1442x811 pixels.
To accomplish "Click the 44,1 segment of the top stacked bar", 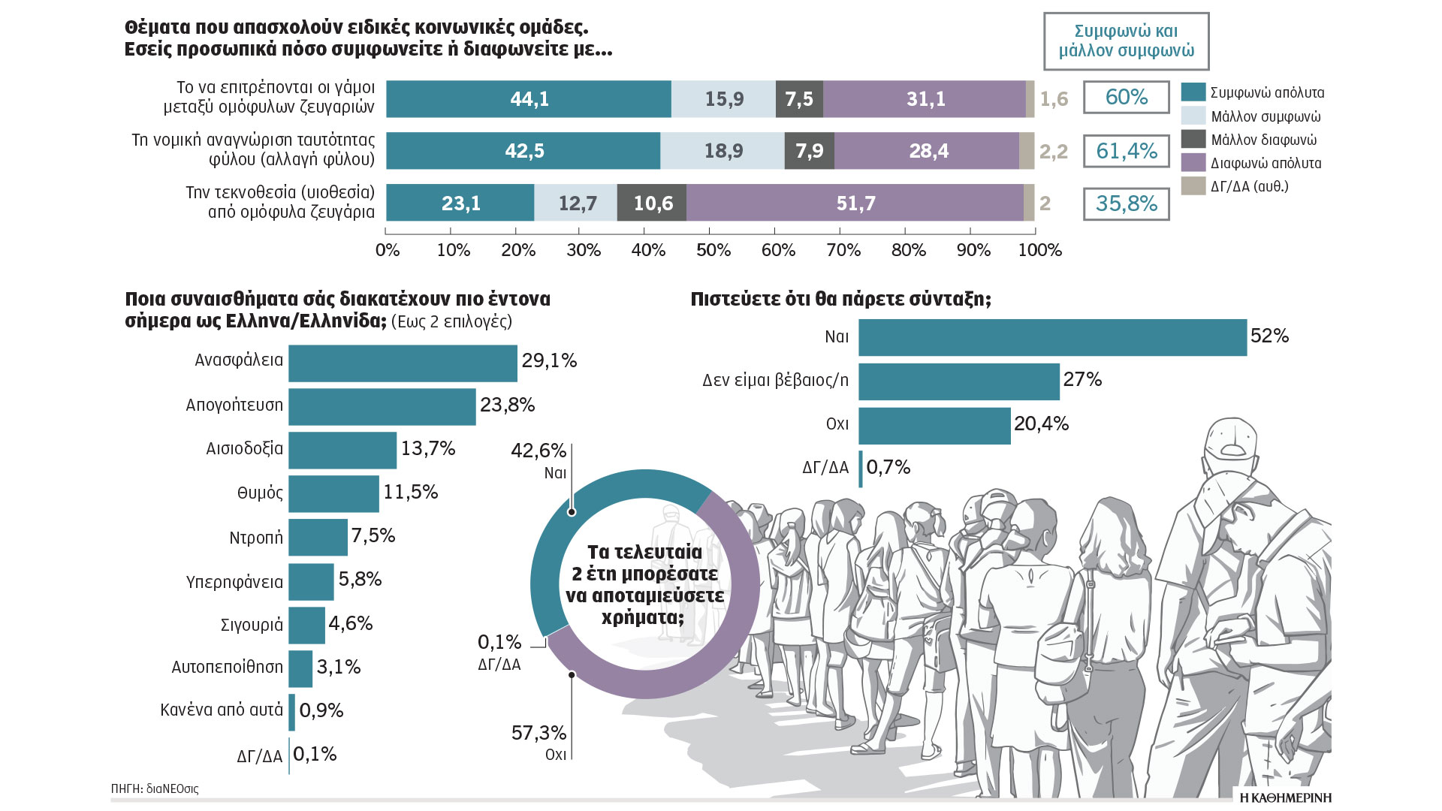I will click(x=529, y=99).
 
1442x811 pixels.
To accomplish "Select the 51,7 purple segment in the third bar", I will click(x=855, y=203).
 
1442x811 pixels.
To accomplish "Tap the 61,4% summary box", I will click(x=1126, y=151).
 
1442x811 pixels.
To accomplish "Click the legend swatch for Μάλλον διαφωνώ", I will click(x=1193, y=139).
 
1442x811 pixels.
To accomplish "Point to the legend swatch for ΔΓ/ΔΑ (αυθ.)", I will click(x=1193, y=185).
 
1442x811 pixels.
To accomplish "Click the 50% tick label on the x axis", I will click(x=713, y=250).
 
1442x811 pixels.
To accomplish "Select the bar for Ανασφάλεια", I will click(x=403, y=363).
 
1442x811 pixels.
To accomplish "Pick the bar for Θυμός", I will click(x=333, y=494).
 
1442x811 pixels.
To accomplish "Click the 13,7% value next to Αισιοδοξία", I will click(x=428, y=448).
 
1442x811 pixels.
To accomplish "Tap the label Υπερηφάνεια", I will click(x=234, y=582).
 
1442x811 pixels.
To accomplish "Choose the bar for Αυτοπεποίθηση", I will click(x=300, y=668).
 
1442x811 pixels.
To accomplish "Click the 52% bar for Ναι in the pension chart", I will click(x=1052, y=337).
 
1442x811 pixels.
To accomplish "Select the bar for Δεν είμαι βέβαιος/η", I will click(x=958, y=381).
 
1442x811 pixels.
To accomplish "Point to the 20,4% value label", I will click(x=1041, y=424).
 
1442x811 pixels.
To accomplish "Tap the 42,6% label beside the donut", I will click(x=538, y=451).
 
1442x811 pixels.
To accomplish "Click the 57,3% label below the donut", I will click(x=538, y=733).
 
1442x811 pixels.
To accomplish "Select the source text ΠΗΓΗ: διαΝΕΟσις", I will click(x=155, y=788).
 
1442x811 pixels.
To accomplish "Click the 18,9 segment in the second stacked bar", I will click(x=723, y=151).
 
